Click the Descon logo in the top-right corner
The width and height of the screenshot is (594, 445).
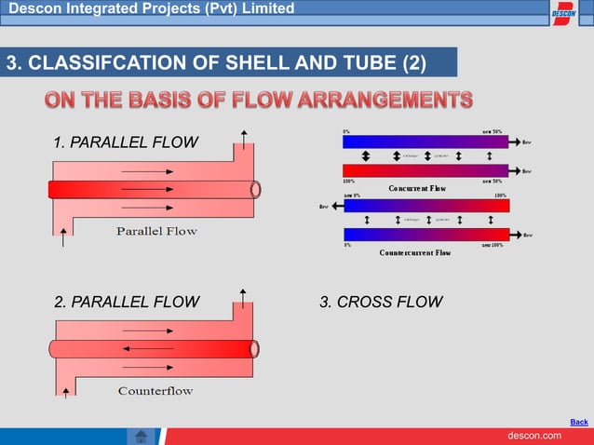564,14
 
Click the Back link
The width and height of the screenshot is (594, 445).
578,422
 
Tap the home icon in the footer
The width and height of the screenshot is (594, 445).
141,436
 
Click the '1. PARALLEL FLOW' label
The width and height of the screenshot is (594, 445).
125,142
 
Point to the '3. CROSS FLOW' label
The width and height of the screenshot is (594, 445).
381,302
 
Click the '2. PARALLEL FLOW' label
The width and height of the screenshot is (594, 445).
127,302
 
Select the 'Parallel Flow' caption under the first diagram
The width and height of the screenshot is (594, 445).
156,231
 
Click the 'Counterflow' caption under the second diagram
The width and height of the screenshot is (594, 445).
155,390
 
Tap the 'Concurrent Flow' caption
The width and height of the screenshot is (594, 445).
416,188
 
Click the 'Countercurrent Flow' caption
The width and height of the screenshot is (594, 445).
415,252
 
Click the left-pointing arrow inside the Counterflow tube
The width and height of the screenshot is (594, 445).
141,348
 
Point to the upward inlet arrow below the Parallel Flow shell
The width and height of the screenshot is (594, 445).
63,238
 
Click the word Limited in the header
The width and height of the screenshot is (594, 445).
264,8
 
